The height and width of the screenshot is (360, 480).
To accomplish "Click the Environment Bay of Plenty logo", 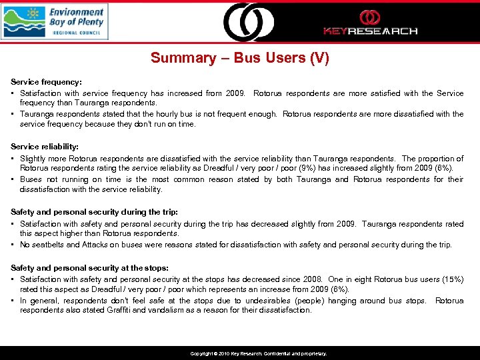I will tap(54, 21).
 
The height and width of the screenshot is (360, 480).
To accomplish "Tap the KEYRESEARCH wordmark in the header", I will tap(370, 31).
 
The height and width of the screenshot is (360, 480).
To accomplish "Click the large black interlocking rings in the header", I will tap(248, 22).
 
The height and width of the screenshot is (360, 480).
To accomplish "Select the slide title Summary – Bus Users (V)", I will tap(239, 58).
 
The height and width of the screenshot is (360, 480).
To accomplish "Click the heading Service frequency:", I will tap(45, 81).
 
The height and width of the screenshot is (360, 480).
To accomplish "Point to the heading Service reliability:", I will tap(44, 146).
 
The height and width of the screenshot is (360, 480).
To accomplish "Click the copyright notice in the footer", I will tap(258, 353).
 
